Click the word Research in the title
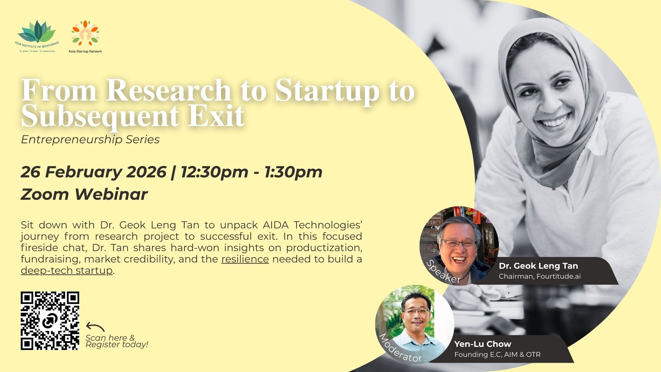[169, 90]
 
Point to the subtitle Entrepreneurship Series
[90, 139]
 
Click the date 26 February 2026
[94, 172]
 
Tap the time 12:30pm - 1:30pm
[252, 172]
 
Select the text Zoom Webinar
[84, 194]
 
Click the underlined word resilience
[245, 259]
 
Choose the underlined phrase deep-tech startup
[67, 270]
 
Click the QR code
[50, 321]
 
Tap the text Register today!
[117, 344]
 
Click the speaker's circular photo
[459, 246]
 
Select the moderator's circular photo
[415, 324]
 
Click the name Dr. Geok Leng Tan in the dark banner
[538, 266]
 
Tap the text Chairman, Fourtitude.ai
[540, 276]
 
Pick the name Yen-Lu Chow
[483, 344]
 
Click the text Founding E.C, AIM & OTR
[497, 354]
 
